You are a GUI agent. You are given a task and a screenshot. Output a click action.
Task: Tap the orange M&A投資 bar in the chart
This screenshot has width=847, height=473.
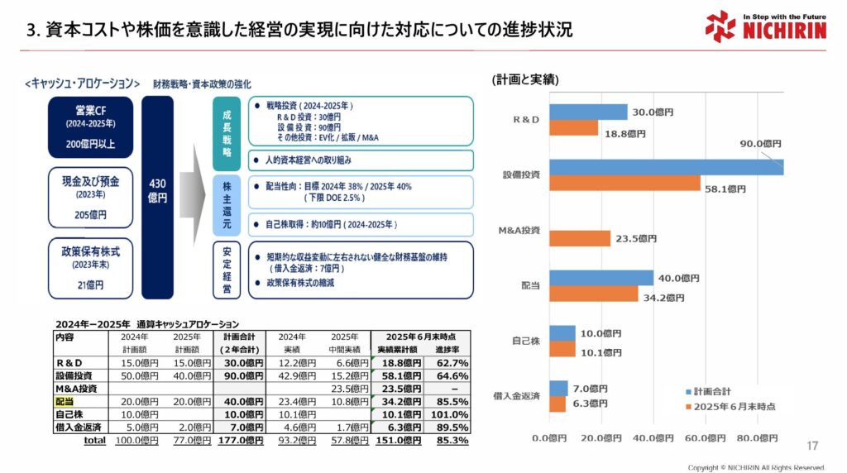tap(579, 238)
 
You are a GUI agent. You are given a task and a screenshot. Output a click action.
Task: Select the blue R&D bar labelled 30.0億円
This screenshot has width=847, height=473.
tap(588, 112)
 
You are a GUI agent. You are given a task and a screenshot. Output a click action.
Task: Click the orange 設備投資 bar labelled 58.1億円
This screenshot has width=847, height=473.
tap(624, 183)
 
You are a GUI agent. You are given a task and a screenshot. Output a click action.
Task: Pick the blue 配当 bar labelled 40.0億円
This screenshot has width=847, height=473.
tap(601, 278)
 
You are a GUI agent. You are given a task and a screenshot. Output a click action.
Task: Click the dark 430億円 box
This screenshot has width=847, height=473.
tap(157, 198)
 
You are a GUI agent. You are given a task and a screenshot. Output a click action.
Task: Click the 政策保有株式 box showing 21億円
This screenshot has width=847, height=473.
tap(90, 266)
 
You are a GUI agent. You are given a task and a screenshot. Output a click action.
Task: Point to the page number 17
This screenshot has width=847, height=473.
tap(812, 446)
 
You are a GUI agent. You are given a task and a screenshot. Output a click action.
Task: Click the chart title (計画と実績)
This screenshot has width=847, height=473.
tap(525, 79)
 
